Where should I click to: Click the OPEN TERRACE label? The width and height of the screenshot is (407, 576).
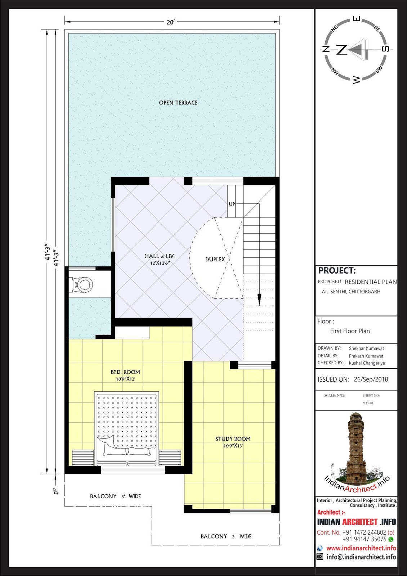tap(178, 103)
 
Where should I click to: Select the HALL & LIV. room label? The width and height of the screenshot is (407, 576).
tap(160, 256)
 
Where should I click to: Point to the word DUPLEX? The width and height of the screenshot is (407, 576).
tap(215, 259)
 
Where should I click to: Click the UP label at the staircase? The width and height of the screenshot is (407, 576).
tap(232, 204)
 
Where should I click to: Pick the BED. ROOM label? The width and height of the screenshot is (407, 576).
tap(125, 372)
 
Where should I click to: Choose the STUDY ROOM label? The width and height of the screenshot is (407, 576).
tap(233, 439)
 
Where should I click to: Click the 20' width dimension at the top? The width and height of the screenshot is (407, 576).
tap(170, 22)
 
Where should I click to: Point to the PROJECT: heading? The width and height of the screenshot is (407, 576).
tap(337, 270)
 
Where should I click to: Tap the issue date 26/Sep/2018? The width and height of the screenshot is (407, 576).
tap(371, 379)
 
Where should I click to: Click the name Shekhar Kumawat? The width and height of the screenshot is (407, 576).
tap(366, 348)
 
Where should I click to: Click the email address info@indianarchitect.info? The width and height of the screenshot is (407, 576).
tap(361, 557)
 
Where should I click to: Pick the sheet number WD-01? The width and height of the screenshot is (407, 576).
tap(368, 403)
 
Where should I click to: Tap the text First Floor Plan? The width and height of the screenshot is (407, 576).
tap(350, 331)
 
